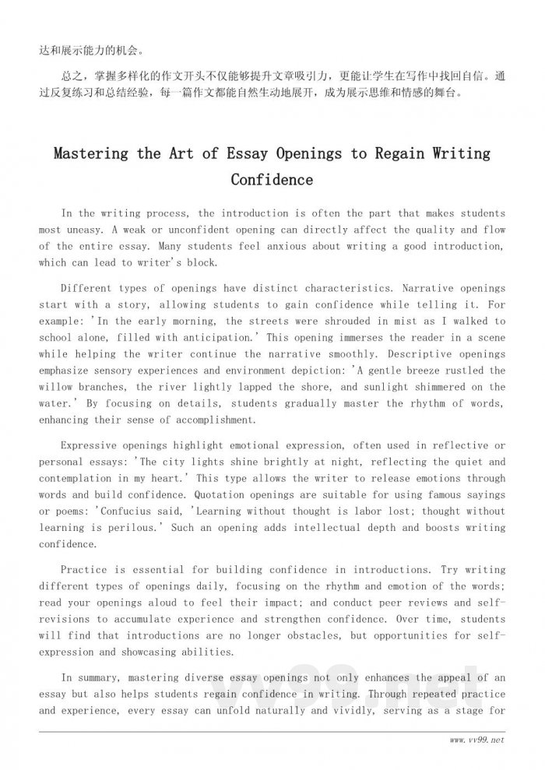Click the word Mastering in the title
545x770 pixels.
(x=90, y=153)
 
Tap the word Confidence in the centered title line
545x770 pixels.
(x=272, y=180)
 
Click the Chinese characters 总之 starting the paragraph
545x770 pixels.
(x=69, y=76)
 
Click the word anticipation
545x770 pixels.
(x=218, y=337)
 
